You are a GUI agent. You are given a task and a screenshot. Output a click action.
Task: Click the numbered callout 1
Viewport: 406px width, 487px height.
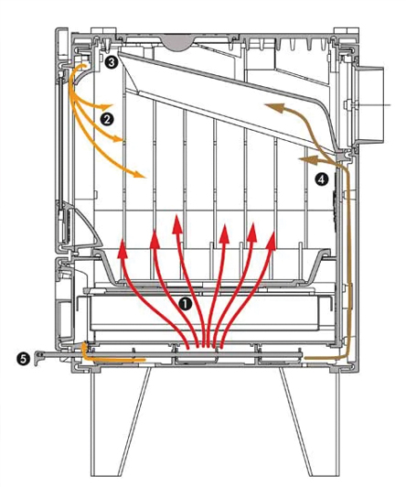click(186, 304)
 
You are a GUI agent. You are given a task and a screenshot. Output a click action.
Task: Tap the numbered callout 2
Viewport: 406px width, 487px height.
click(107, 119)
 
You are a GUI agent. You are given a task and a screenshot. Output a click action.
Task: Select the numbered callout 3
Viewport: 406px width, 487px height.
click(111, 62)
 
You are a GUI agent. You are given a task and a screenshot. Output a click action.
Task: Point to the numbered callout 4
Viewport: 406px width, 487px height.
click(321, 179)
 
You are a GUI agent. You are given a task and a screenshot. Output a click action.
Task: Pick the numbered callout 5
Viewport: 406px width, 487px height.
click(24, 360)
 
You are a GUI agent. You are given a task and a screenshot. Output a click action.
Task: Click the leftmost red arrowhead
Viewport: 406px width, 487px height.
click(123, 248)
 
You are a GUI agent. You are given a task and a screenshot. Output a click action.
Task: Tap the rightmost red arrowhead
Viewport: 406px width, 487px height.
click(271, 241)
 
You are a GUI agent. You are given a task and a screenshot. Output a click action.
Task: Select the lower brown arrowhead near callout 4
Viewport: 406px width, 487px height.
click(307, 159)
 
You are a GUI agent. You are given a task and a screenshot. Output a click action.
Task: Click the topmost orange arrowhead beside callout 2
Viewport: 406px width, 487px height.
click(106, 106)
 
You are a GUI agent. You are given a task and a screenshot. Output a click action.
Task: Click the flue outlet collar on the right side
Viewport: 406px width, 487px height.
click(370, 105)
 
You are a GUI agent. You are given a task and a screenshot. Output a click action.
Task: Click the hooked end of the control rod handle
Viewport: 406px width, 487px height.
click(38, 358)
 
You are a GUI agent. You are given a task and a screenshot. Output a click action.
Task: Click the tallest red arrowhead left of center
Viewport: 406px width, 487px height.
click(177, 224)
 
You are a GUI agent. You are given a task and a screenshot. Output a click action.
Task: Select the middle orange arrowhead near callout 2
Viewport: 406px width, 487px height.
click(117, 138)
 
